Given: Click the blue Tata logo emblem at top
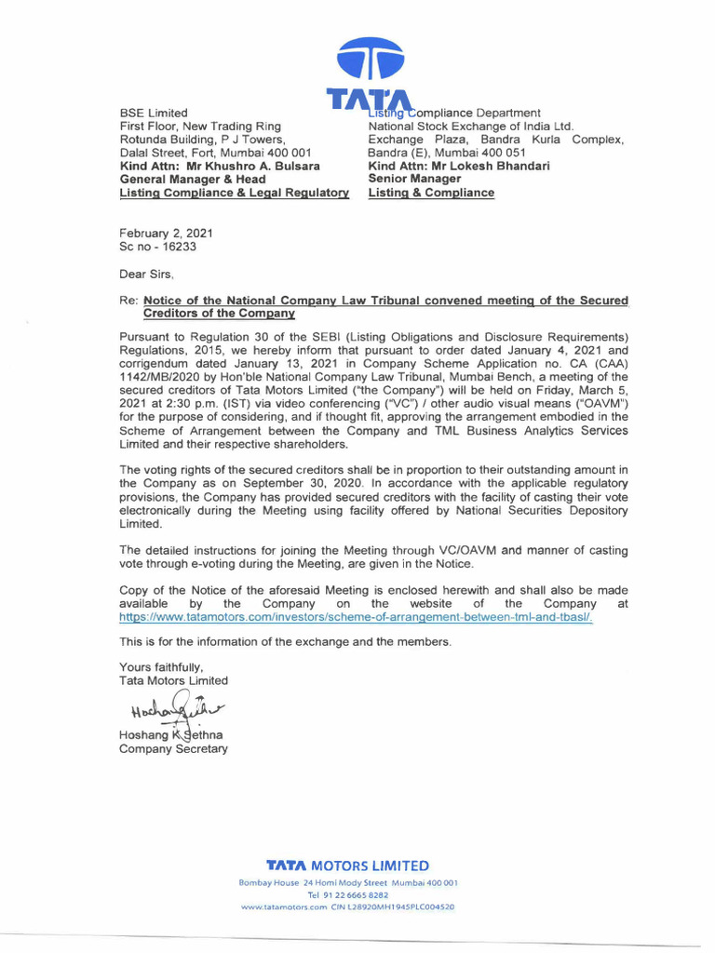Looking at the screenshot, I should pyautogui.click(x=369, y=58).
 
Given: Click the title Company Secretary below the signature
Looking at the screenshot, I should pyautogui.click(x=173, y=749).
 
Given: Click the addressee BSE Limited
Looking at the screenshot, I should pyautogui.click(x=154, y=113).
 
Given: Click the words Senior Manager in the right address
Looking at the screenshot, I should pyautogui.click(x=414, y=179).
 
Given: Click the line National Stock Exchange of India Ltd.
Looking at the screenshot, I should pyautogui.click(x=471, y=127).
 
